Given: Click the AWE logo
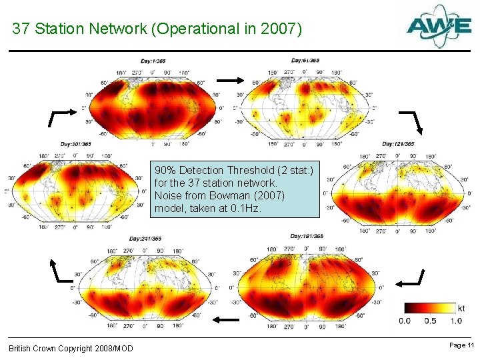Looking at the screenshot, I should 439,26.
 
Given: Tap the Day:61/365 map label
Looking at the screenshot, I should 305,61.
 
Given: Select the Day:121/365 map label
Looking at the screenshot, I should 397,144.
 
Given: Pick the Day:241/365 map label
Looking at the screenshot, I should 145,239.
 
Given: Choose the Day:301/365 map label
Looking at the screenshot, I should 75,144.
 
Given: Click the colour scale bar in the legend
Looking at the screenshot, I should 427,308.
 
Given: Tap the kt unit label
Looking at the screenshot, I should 461,308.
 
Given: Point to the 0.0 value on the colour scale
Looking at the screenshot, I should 405,321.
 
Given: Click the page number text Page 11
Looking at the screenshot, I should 461,345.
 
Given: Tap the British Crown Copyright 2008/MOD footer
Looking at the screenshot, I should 71,349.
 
